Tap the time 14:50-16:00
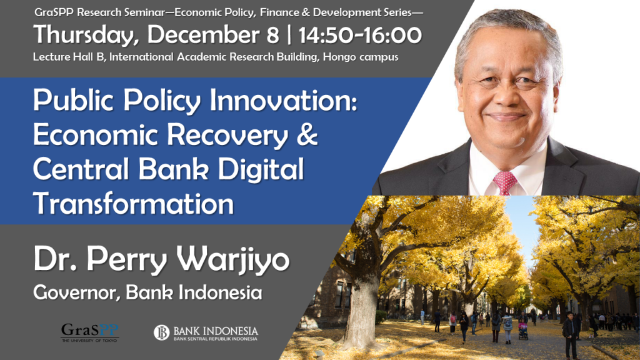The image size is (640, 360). click(360, 35)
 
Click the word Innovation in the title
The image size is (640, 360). click(283, 100)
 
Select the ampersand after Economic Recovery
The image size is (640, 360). click(307, 134)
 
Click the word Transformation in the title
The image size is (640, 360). click(133, 203)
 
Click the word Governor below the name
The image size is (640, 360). click(76, 292)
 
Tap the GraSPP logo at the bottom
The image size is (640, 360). click(90, 332)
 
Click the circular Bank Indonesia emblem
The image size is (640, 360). click(161, 332)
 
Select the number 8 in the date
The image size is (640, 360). click(272, 35)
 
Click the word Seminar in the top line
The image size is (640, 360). click(149, 12)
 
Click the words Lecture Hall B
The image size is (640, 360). click(69, 57)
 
